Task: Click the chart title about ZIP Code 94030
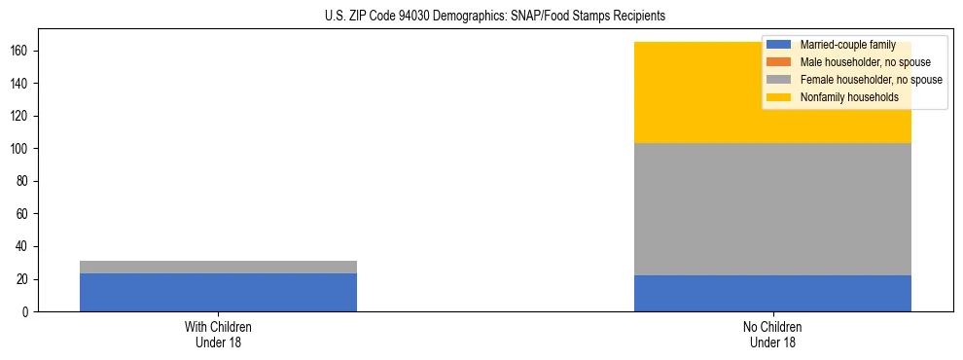coord(495,17)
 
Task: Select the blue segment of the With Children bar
coord(218,292)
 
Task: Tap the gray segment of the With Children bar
coord(218,267)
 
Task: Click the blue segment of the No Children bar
coord(772,293)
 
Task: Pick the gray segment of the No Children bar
coord(772,209)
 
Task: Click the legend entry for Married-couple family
coord(845,45)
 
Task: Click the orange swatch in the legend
coord(779,62)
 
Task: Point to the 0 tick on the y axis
coord(26,311)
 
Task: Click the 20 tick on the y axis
coord(23,279)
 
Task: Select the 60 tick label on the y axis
coord(23,214)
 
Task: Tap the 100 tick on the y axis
coord(20,149)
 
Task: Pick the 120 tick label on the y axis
coord(20,116)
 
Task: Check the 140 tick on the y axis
coord(20,84)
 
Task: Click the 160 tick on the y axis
coord(20,51)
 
